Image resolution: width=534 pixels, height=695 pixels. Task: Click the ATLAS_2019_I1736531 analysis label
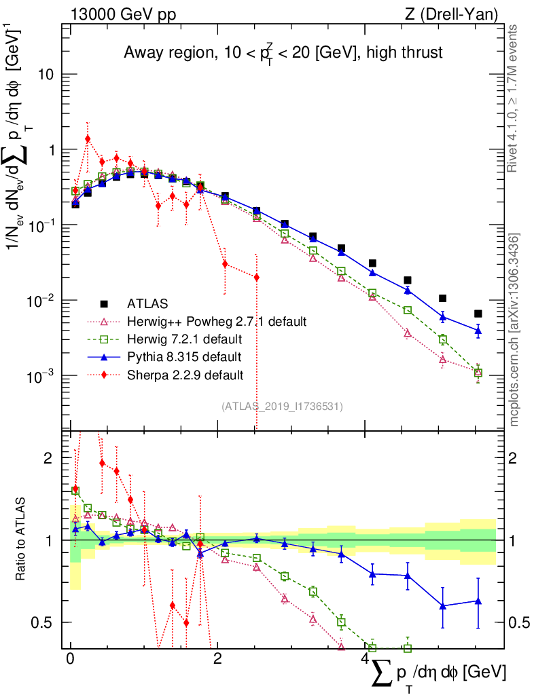click(282, 407)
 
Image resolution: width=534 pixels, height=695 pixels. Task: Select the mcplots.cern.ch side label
click(514, 329)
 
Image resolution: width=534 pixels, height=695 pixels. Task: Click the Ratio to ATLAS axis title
click(22, 540)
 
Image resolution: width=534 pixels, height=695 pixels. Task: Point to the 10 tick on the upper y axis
click(46, 75)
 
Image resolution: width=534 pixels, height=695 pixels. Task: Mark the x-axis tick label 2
click(217, 660)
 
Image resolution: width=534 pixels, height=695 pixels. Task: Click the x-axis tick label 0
click(70, 660)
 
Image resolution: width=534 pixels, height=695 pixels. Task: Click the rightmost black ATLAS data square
click(478, 314)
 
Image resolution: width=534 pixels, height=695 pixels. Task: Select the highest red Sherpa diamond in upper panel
click(88, 138)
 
